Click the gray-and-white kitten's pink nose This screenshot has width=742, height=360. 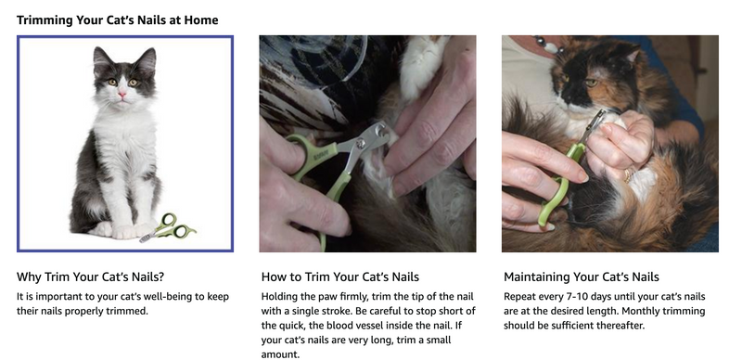122,95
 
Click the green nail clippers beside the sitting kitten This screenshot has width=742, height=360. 168,228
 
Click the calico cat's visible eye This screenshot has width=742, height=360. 591,83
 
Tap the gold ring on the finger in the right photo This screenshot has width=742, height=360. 628,175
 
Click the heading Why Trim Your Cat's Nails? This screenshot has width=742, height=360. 90,276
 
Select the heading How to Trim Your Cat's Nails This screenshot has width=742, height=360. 340,276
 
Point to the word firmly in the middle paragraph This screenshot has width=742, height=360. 352,297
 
